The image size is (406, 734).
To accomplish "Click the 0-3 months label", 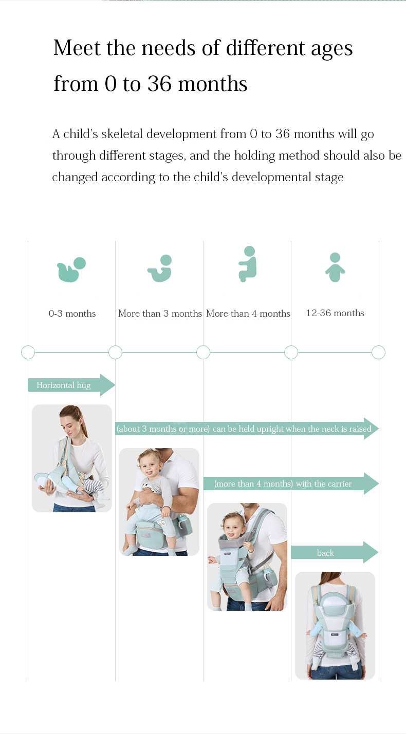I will (x=72, y=314).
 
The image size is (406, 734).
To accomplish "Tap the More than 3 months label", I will (x=160, y=314).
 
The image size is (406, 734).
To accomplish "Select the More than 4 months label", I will (x=248, y=314).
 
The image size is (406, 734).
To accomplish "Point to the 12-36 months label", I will (x=335, y=313).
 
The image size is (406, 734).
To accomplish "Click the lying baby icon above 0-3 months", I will (x=71, y=269).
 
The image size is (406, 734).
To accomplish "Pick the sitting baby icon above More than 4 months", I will (x=248, y=264).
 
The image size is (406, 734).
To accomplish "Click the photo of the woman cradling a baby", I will (x=72, y=458).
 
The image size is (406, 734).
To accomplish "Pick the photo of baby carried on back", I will (x=335, y=625).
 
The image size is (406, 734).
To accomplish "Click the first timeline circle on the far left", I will (x=28, y=353).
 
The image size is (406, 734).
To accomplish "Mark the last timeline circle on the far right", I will (x=378, y=353).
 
